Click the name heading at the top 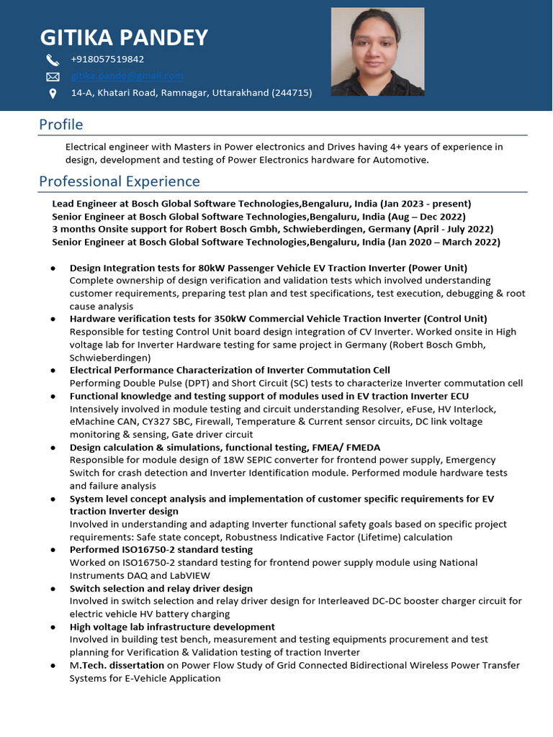tap(124, 37)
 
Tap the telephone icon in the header tap(53, 60)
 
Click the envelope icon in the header tap(53, 76)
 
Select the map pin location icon tap(53, 94)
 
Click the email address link tap(127, 76)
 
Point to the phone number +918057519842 tap(107, 59)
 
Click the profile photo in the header tap(377, 52)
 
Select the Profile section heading tap(61, 125)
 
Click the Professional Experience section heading tap(120, 181)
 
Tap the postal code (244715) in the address tap(292, 93)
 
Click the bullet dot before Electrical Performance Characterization tap(54, 371)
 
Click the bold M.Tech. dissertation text tap(117, 666)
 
